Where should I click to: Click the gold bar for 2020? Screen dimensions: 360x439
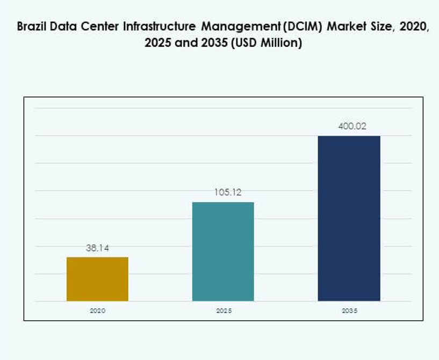(x=97, y=279)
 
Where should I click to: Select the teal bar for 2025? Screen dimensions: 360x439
(x=223, y=251)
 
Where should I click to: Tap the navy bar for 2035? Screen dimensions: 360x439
(x=349, y=218)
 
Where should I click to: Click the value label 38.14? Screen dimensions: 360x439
(x=97, y=249)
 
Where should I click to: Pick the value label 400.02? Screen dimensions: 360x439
(x=349, y=127)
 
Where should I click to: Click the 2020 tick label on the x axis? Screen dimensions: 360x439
(x=97, y=311)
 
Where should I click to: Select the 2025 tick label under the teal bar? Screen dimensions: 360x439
(x=223, y=311)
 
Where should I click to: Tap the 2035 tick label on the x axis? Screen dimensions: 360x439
(x=349, y=311)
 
